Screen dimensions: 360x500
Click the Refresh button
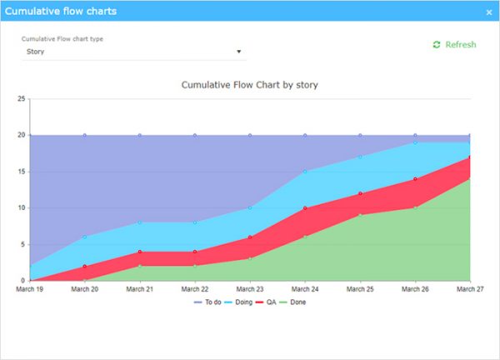455,45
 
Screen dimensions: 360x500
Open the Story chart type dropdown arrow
239,52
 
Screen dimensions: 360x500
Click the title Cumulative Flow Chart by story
250,85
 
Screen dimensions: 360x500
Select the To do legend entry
208,302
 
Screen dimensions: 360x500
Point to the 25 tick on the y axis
22,98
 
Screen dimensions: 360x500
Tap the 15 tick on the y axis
22,172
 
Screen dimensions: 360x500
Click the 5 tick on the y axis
23,244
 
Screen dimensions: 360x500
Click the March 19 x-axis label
30,289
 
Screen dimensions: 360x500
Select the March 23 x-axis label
250,289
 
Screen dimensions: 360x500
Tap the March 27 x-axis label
469,289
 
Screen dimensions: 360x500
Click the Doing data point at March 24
305,172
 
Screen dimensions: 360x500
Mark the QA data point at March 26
415,179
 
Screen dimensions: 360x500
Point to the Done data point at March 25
360,215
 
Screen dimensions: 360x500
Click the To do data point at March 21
140,135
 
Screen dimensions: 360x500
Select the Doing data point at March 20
85,237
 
